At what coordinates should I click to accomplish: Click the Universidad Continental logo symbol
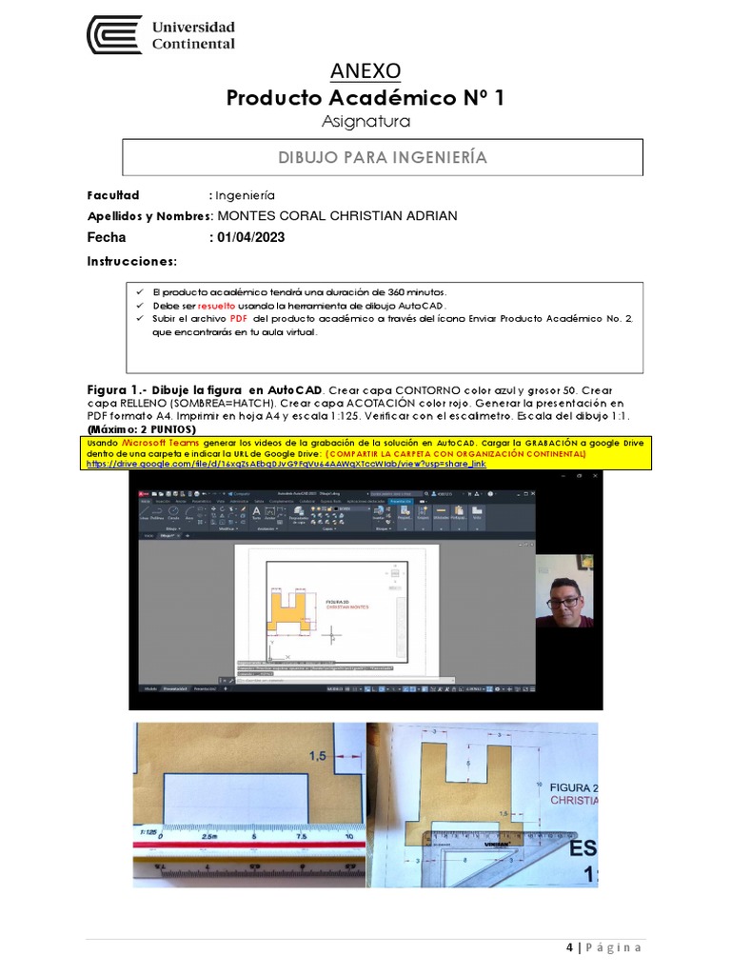tap(114, 35)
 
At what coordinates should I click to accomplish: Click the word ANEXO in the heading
tap(365, 71)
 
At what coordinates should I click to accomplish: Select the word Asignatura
tap(365, 122)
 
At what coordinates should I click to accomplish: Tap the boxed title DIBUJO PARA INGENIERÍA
tap(383, 157)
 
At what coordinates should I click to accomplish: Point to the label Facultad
tap(113, 194)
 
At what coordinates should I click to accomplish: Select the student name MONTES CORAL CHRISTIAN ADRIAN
tap(337, 216)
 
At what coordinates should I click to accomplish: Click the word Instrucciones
tap(132, 261)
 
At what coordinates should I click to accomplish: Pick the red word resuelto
tap(216, 305)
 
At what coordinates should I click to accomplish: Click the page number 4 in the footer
tap(569, 947)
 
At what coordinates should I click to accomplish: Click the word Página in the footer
tap(614, 947)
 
